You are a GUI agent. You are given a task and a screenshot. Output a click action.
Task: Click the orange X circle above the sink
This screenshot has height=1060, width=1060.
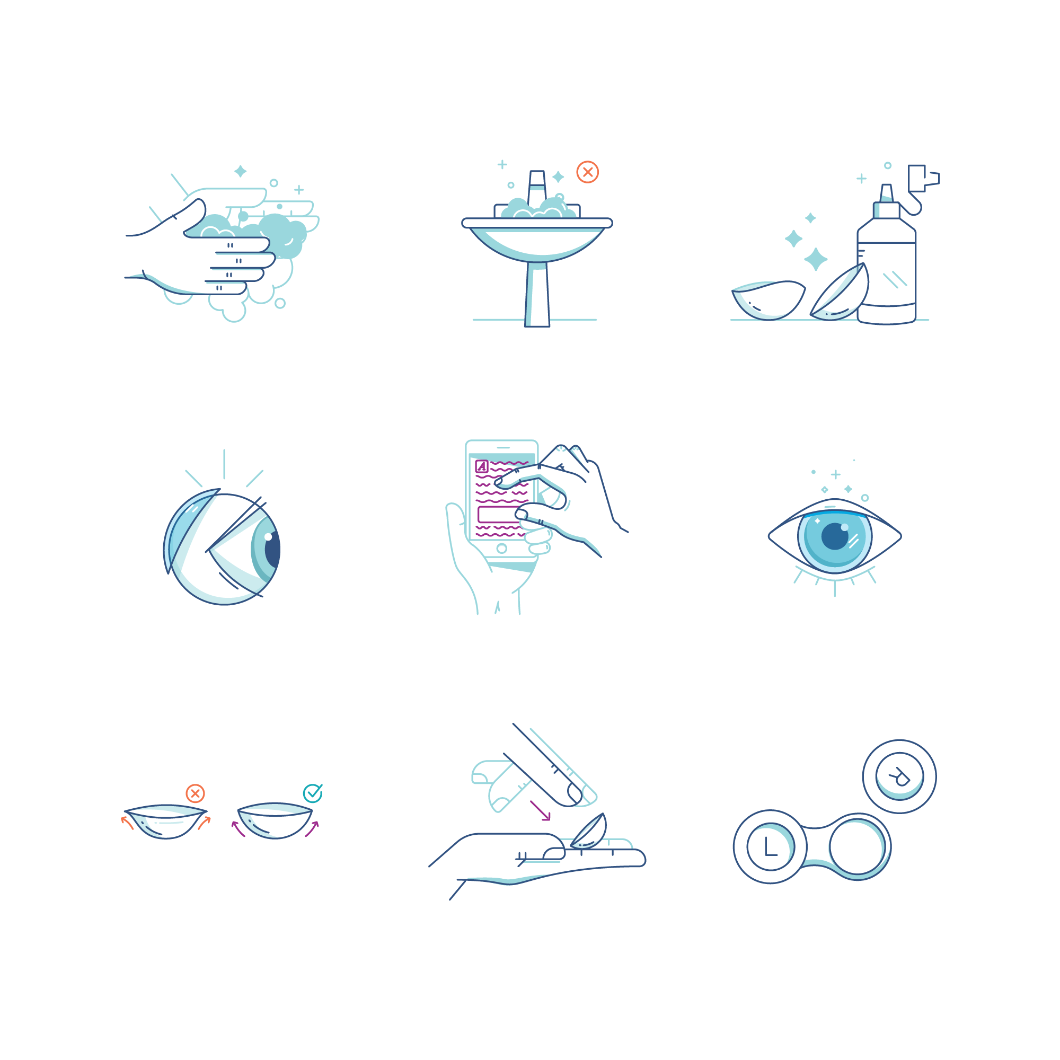588,172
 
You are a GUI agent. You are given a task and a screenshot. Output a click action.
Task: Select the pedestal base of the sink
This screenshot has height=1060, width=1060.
537,296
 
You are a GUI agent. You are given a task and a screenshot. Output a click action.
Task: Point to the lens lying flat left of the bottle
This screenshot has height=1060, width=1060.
768,301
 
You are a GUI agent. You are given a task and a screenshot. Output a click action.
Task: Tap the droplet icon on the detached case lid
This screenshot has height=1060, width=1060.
900,777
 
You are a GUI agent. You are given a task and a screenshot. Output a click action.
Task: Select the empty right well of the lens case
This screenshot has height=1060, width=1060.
856,846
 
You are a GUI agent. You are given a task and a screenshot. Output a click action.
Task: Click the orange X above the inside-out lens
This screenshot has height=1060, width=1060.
196,793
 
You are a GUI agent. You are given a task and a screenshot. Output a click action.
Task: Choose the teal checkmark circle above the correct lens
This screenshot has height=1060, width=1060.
313,793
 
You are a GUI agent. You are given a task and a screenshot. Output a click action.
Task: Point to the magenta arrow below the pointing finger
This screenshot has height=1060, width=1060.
541,811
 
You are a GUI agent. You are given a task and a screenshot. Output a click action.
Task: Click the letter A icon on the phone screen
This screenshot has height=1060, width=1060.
482,466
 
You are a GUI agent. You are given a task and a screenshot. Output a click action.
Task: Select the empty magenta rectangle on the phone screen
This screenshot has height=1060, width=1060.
497,514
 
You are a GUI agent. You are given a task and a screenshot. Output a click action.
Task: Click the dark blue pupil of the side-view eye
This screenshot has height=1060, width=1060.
272,549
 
